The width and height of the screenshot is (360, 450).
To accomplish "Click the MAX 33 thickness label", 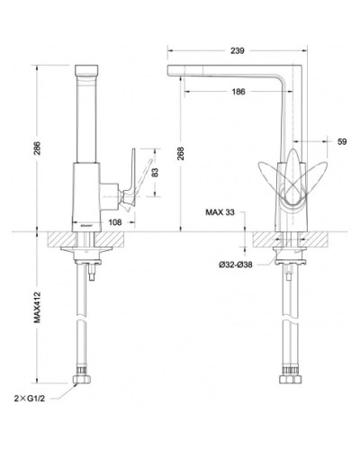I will coord(220,212).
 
